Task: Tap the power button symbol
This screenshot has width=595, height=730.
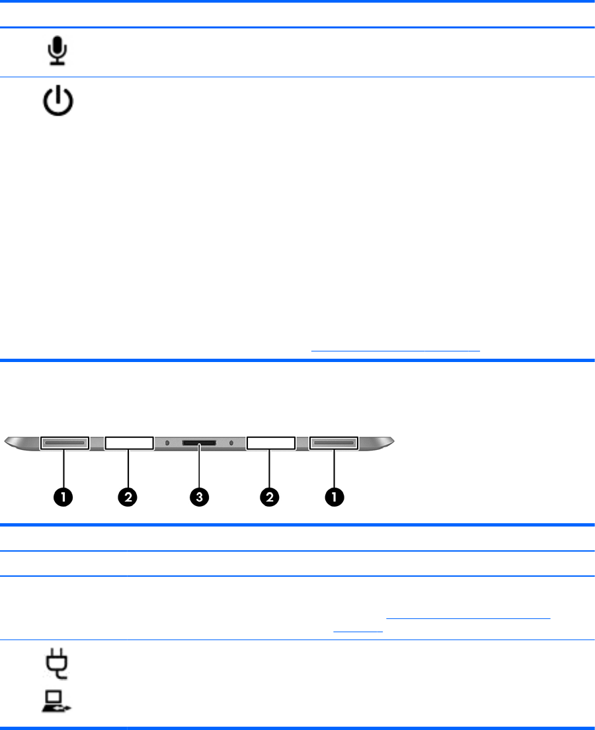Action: point(58,104)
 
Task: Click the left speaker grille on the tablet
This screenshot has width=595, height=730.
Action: point(64,442)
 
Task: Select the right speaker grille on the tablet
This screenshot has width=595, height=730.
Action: point(334,442)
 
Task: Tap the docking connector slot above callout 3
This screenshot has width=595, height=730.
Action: point(199,441)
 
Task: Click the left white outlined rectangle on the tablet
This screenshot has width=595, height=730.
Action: point(129,442)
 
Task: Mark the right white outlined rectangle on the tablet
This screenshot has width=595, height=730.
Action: point(270,442)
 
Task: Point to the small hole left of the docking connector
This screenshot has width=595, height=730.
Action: point(167,441)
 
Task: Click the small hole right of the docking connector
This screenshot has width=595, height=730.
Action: point(231,441)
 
